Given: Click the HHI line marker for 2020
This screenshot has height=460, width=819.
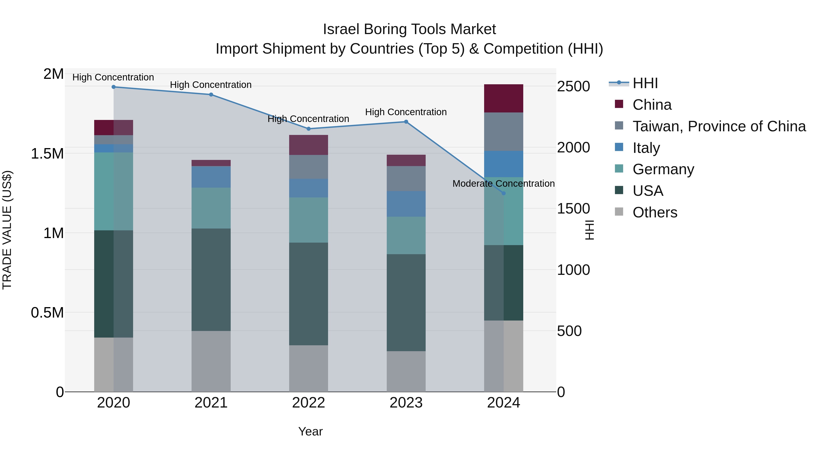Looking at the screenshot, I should [114, 87].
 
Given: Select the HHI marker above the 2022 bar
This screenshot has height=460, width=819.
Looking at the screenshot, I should [308, 129].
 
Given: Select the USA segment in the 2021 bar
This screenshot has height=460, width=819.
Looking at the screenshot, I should [211, 279].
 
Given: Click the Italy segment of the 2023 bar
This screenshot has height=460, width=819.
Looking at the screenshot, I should [406, 204].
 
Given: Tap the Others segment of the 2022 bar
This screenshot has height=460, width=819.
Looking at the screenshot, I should [308, 368].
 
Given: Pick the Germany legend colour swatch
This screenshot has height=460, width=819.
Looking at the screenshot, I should [619, 169].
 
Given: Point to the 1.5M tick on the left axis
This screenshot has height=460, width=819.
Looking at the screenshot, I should [47, 154].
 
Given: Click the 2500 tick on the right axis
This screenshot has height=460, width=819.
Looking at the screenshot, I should [573, 86].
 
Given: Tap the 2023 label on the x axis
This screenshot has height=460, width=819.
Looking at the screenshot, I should [406, 403].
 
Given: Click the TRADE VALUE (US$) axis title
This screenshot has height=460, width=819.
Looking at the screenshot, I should [7, 230].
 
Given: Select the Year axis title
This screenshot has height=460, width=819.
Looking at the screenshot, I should [310, 431].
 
